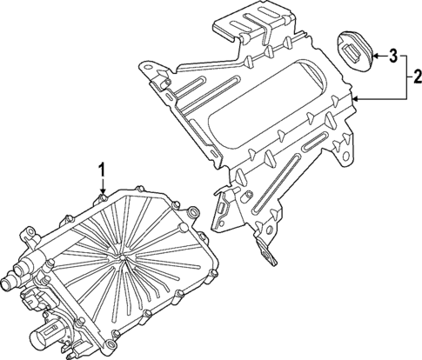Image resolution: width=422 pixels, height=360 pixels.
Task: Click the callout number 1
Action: [x=101, y=168]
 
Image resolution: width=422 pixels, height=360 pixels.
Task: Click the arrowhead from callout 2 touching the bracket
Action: [x=355, y=101]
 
